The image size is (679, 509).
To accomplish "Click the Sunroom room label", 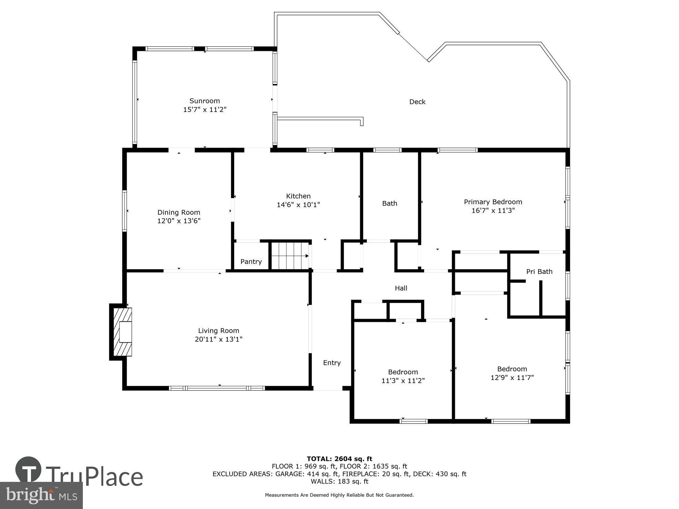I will (x=204, y=101).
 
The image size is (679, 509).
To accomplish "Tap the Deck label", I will (x=417, y=102).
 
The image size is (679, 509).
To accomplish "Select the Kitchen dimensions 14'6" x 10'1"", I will (x=298, y=205).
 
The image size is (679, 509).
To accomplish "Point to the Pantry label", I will (x=251, y=262).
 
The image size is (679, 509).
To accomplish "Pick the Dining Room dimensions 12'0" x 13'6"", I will (x=179, y=221).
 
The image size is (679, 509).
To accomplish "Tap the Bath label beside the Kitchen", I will (x=389, y=203).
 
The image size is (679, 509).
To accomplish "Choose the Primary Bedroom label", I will (x=493, y=202).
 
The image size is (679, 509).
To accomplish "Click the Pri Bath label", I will (x=539, y=271).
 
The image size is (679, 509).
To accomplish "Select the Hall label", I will (x=401, y=288).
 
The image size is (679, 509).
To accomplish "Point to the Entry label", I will (x=332, y=363).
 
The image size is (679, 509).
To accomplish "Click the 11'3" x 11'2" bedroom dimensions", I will (x=403, y=381).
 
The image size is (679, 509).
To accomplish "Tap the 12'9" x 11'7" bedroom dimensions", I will (x=512, y=377).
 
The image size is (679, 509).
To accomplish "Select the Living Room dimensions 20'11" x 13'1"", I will (x=218, y=339).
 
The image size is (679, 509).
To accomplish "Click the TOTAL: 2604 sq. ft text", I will (x=339, y=459).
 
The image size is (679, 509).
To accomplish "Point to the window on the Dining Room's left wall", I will (x=125, y=211).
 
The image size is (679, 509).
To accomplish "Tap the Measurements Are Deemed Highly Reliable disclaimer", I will (x=339, y=495).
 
